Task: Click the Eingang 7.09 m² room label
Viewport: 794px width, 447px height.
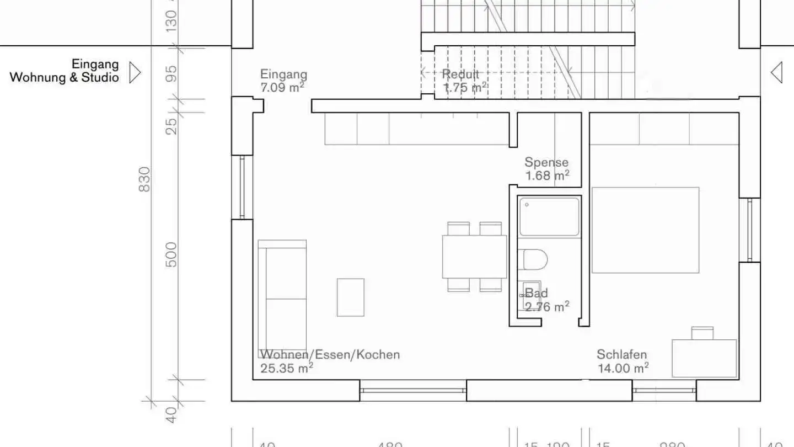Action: pyautogui.click(x=283, y=81)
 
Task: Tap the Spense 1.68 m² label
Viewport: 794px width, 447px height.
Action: pyautogui.click(x=546, y=169)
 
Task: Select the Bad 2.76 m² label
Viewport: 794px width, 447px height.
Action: pyautogui.click(x=546, y=300)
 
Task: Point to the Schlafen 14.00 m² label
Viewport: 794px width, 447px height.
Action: pyautogui.click(x=623, y=361)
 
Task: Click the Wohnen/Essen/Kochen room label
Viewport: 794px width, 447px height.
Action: pyautogui.click(x=330, y=361)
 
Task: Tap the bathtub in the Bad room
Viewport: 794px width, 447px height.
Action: pyautogui.click(x=549, y=217)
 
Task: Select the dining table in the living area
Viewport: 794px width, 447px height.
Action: pyautogui.click(x=474, y=257)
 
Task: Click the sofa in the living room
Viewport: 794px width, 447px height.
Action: pyautogui.click(x=282, y=291)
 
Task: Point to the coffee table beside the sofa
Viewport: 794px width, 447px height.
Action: pyautogui.click(x=351, y=297)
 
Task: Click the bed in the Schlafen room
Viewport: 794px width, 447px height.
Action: pyautogui.click(x=645, y=230)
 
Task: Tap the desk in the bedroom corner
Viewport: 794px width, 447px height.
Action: pyautogui.click(x=704, y=358)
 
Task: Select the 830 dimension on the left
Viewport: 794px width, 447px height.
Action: pyautogui.click(x=144, y=179)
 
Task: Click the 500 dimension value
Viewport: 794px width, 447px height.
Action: pyautogui.click(x=172, y=254)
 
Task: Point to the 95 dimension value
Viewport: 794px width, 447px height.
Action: pyautogui.click(x=172, y=73)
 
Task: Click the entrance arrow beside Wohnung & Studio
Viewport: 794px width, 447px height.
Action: pyautogui.click(x=135, y=72)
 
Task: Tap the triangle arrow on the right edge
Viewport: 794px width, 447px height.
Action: pyautogui.click(x=776, y=72)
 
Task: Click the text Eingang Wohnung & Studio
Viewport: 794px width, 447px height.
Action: pyautogui.click(x=65, y=71)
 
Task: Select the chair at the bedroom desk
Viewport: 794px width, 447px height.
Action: pyautogui.click(x=702, y=332)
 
